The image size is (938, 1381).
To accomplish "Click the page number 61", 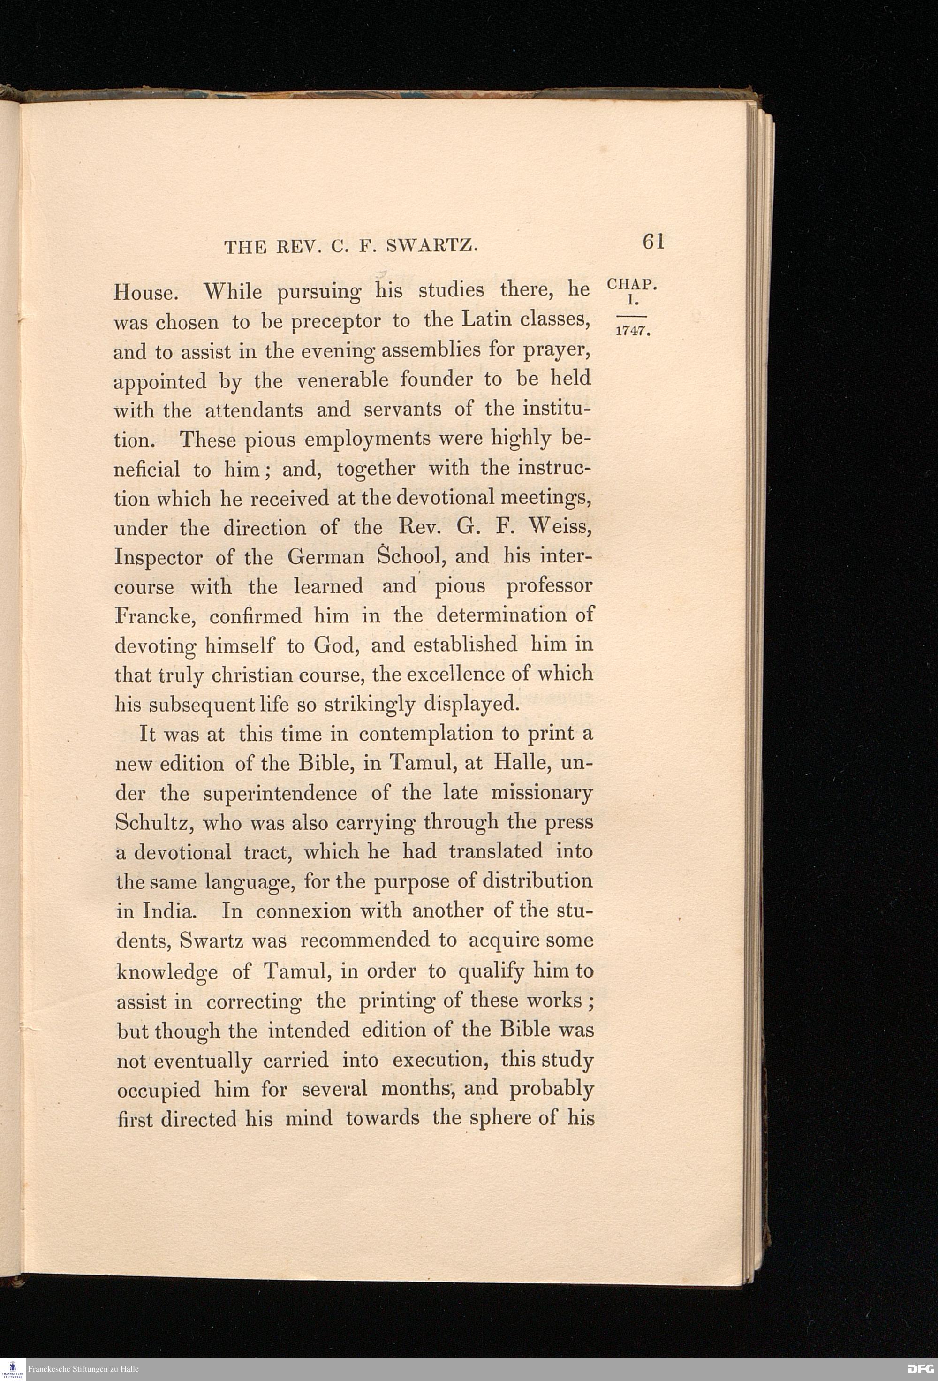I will pyautogui.click(x=652, y=242).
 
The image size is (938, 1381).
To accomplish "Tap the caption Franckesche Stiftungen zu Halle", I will pyautogui.click(x=83, y=1369).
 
